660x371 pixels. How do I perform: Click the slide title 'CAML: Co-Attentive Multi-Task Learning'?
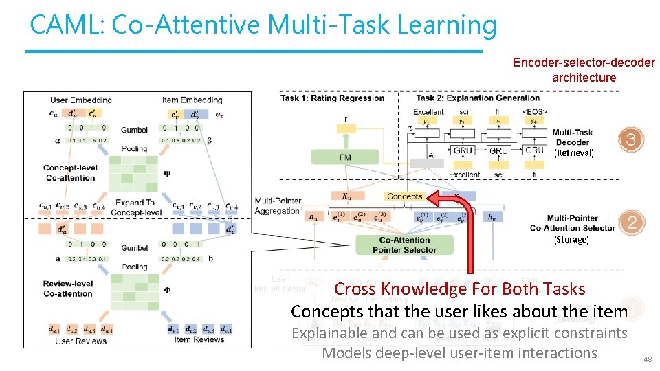pyautogui.click(x=263, y=25)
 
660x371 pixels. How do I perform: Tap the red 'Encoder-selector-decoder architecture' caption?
pyautogui.click(x=584, y=70)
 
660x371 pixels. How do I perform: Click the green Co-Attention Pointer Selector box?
pyautogui.click(x=404, y=245)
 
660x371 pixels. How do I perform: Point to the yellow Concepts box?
pyautogui.click(x=404, y=196)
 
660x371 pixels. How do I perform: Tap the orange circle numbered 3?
pyautogui.click(x=631, y=140)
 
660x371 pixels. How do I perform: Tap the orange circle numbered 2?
pyautogui.click(x=631, y=222)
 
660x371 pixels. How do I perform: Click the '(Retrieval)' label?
pyautogui.click(x=573, y=153)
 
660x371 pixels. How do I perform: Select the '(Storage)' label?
pyautogui.click(x=571, y=240)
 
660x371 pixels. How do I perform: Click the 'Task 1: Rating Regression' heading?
pyautogui.click(x=332, y=98)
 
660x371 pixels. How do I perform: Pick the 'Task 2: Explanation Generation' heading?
pyautogui.click(x=468, y=98)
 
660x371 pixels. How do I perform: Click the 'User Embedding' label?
pyautogui.click(x=80, y=100)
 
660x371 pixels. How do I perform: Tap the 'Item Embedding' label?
pyautogui.click(x=192, y=100)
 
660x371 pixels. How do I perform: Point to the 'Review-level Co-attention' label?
pyautogui.click(x=67, y=289)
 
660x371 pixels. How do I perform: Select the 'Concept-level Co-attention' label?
pyautogui.click(x=70, y=172)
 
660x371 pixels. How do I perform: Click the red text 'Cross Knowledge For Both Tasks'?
pyautogui.click(x=459, y=289)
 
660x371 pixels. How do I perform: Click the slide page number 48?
pyautogui.click(x=646, y=359)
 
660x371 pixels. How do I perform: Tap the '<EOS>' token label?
pyautogui.click(x=534, y=111)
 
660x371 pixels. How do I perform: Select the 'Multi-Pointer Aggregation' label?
pyautogui.click(x=277, y=205)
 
